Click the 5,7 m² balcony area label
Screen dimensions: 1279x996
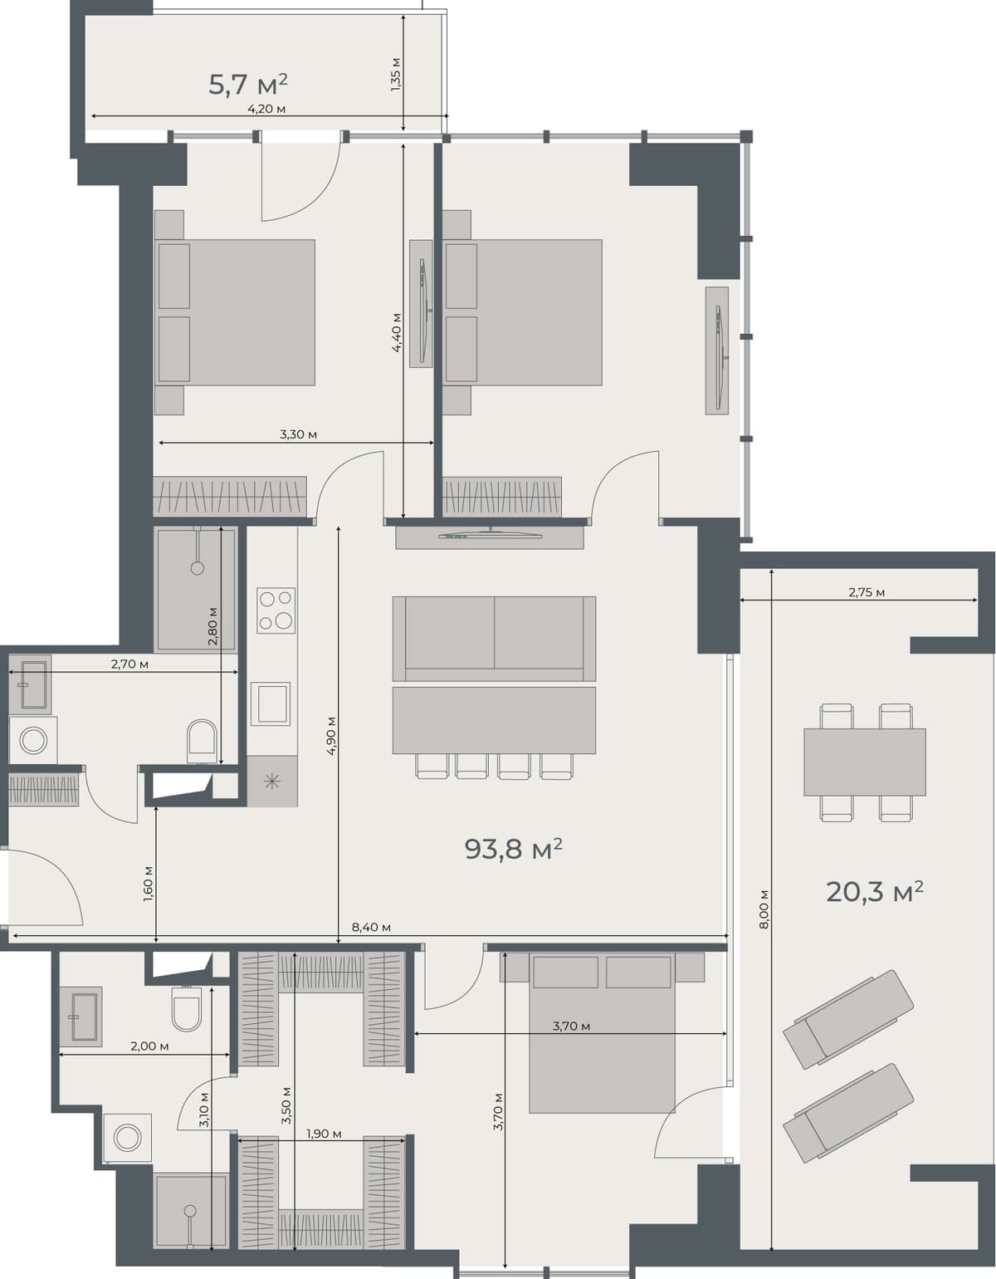pos(247,84)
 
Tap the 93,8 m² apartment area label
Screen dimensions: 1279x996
pos(513,849)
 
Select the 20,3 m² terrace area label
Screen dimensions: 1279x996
pos(874,892)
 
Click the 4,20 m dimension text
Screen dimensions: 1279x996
pos(266,109)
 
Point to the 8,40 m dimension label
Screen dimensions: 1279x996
pos(371,928)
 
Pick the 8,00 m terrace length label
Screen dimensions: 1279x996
pos(764,909)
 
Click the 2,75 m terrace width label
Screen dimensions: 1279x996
pos(866,593)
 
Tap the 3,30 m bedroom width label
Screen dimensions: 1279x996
pos(298,434)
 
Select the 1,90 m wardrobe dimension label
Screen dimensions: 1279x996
pos(324,1134)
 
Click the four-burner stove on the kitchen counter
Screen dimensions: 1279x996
pos(276,610)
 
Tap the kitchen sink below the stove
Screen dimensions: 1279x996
pos(271,703)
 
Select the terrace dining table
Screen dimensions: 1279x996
pos(864,762)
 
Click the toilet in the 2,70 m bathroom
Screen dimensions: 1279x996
pos(202,739)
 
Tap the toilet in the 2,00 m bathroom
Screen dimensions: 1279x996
pos(186,1009)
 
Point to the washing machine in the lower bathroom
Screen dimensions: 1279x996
pos(128,1137)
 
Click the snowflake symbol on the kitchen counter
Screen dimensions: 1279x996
pos(271,782)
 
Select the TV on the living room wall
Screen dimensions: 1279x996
pos(489,535)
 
